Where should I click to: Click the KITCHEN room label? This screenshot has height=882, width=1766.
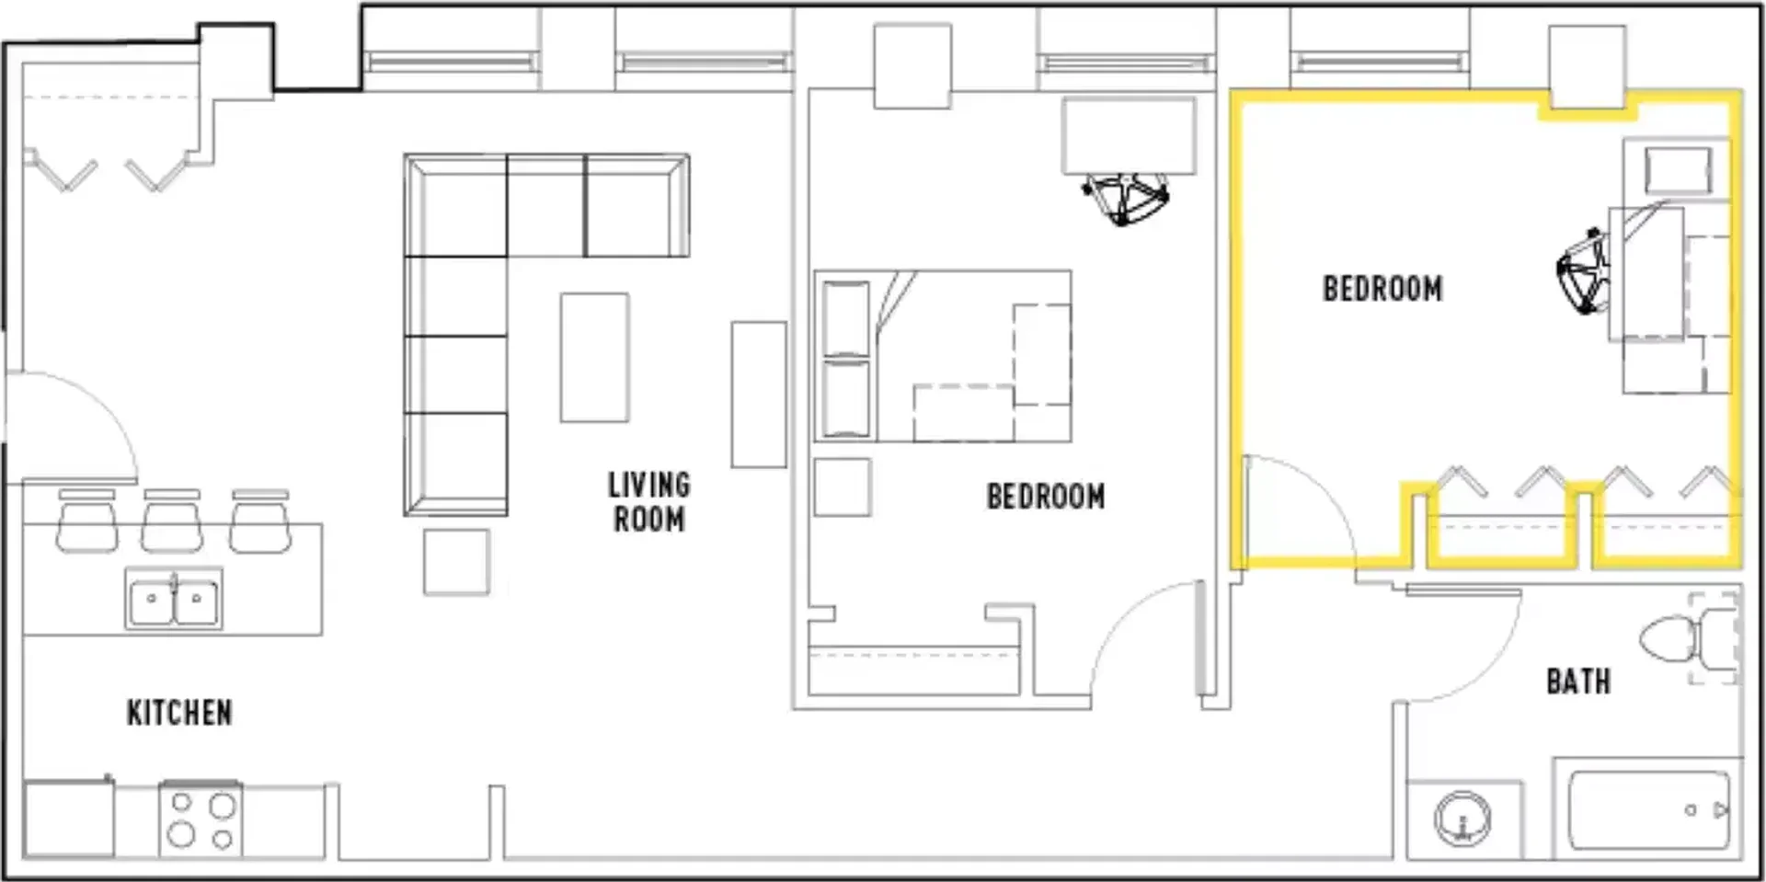coord(179,713)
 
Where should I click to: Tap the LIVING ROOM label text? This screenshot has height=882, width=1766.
coord(649,502)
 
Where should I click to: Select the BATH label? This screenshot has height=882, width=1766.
coord(1578,682)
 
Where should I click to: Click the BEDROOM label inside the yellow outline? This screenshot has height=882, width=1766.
coord(1382,289)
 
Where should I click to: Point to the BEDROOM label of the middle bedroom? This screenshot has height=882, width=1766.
coord(1046,497)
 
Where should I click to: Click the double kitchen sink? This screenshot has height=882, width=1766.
coord(174,599)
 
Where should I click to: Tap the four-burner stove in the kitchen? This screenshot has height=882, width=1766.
coord(201,819)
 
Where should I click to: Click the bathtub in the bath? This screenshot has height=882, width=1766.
coord(1647,809)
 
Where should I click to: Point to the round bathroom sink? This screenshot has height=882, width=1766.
coord(1462,818)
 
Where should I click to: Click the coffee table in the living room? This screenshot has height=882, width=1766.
coord(595,357)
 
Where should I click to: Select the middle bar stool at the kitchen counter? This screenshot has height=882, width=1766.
coord(172,521)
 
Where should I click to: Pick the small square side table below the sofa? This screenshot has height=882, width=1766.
coord(456,562)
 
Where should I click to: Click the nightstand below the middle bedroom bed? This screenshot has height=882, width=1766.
coord(843,487)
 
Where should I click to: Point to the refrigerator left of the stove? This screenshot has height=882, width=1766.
coord(69,819)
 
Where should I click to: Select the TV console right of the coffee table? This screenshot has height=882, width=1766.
coord(759,395)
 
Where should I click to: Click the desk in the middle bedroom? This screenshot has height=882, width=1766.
coord(1130,136)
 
